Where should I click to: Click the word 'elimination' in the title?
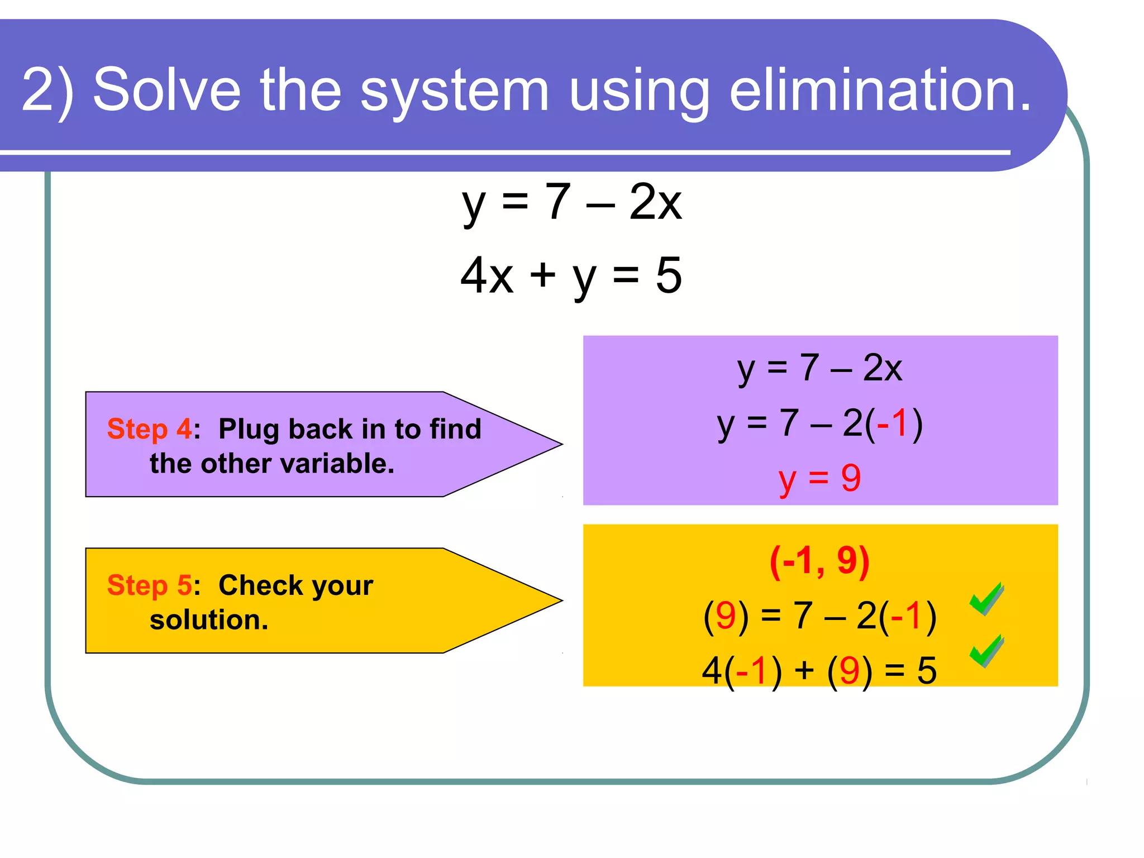click(x=880, y=89)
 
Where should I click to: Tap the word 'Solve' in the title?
click(x=166, y=89)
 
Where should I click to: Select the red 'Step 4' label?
click(x=149, y=429)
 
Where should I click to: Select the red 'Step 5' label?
click(x=149, y=585)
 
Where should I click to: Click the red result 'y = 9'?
click(x=819, y=479)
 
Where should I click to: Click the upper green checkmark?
click(x=987, y=599)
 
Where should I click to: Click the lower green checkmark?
click(x=987, y=651)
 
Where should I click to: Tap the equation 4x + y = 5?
click(x=571, y=275)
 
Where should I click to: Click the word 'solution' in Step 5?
click(x=208, y=620)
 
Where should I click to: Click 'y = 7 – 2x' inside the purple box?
click(x=819, y=369)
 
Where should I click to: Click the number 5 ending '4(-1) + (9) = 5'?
click(x=927, y=670)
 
